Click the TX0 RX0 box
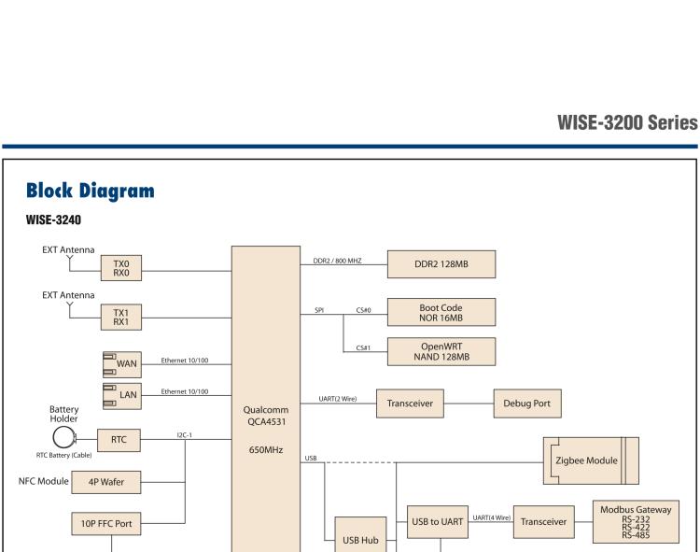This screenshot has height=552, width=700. click(x=122, y=269)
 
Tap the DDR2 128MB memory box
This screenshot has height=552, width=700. click(x=441, y=264)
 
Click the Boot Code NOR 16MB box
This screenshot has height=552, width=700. click(x=441, y=311)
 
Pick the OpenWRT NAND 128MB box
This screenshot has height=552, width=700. click(x=441, y=349)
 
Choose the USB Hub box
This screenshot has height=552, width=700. click(x=360, y=539)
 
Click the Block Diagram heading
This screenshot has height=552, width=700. click(x=90, y=191)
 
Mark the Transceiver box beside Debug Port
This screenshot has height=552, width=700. click(x=411, y=403)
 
